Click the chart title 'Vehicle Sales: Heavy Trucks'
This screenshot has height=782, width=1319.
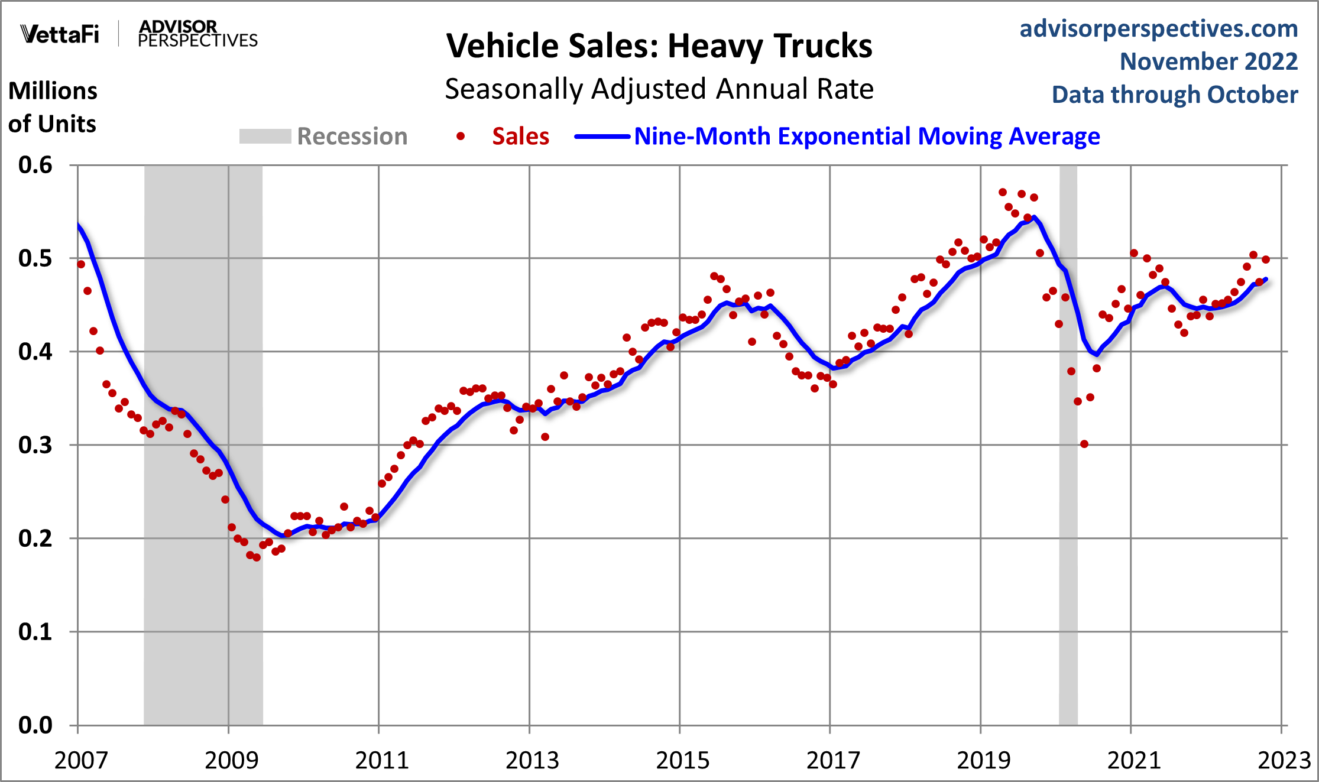point(659,46)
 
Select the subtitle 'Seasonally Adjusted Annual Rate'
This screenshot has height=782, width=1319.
point(659,89)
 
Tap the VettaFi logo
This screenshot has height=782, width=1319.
point(60,34)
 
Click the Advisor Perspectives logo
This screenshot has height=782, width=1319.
point(197,34)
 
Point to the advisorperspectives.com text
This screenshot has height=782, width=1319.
point(1158,28)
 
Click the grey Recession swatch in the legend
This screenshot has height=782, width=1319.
point(265,137)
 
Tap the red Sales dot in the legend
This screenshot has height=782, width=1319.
point(461,137)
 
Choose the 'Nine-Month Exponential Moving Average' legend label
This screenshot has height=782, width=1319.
point(867,137)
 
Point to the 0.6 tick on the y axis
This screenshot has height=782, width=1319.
point(35,165)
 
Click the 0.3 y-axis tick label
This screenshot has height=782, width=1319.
point(35,445)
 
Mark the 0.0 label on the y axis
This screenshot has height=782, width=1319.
point(35,725)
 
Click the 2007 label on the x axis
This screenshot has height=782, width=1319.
point(81,760)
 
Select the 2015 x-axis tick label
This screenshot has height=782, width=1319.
point(682,760)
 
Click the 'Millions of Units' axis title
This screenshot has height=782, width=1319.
point(53,108)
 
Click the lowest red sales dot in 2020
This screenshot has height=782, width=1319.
point(1084,444)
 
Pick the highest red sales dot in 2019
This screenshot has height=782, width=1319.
point(1002,192)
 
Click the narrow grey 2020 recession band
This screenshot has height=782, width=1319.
point(1068,532)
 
